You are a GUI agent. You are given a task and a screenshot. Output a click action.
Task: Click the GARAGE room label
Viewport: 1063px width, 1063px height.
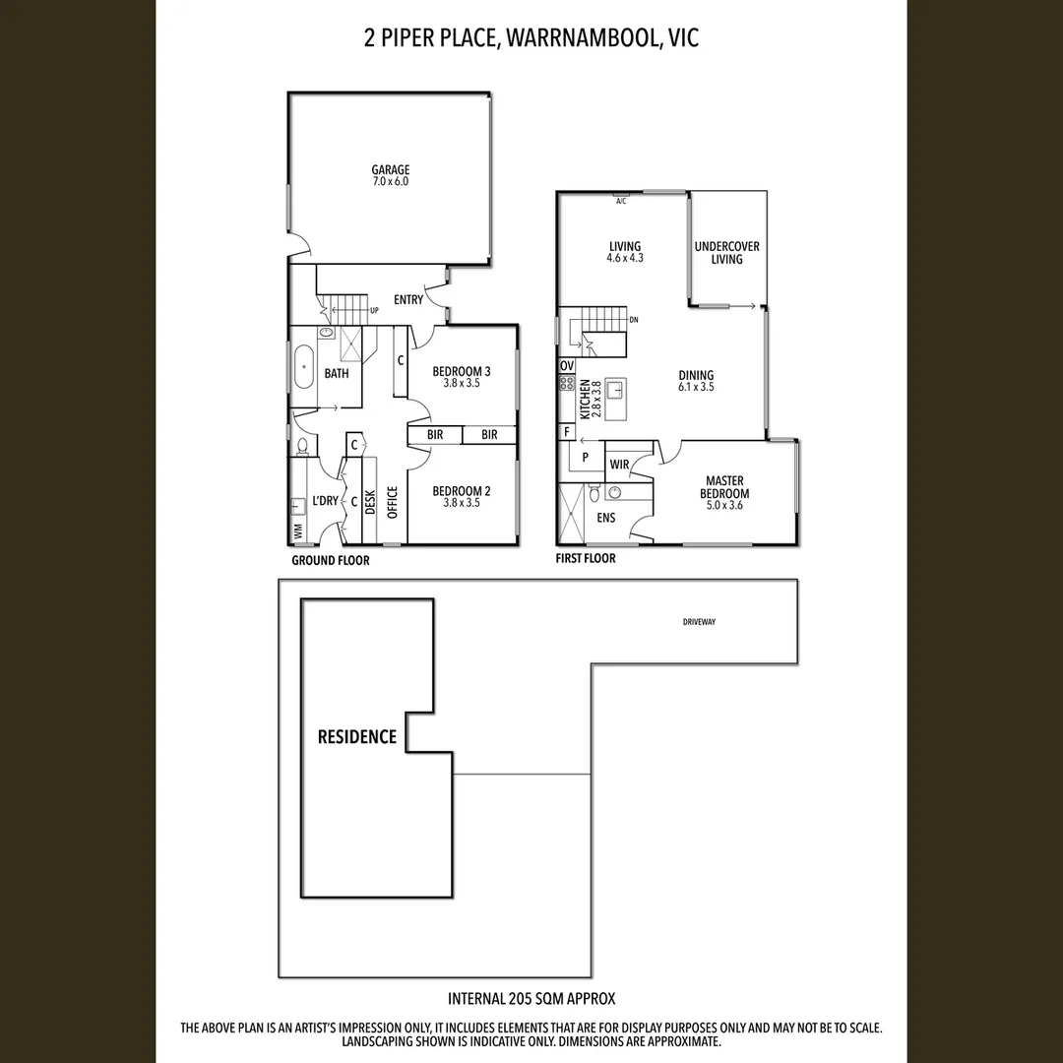(x=390, y=169)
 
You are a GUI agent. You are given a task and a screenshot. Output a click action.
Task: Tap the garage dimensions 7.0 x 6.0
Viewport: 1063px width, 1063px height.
(x=390, y=182)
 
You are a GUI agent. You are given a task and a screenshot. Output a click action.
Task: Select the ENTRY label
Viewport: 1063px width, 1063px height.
(x=408, y=299)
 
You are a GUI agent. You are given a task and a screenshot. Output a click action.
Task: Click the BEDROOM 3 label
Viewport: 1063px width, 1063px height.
(x=462, y=371)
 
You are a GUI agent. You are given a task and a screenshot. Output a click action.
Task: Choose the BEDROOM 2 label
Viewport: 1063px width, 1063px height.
(x=462, y=491)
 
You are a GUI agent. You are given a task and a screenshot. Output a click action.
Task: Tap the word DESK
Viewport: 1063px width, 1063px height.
(x=371, y=503)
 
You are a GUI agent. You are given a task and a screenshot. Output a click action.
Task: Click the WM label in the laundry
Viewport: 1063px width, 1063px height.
(x=297, y=532)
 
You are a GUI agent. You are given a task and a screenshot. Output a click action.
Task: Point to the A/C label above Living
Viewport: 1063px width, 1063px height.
(x=620, y=201)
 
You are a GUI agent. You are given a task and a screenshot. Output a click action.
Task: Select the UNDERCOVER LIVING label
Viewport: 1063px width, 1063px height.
(x=726, y=253)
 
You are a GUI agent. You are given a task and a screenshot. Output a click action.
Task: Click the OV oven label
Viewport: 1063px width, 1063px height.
(x=566, y=365)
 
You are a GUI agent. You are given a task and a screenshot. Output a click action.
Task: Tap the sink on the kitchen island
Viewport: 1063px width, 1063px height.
(x=617, y=390)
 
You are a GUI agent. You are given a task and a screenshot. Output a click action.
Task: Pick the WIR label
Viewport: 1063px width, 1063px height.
(x=619, y=464)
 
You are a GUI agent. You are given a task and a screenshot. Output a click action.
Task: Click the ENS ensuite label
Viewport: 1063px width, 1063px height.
(x=605, y=518)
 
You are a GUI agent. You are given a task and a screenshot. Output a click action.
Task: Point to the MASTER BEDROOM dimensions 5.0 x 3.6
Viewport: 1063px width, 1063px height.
(x=724, y=506)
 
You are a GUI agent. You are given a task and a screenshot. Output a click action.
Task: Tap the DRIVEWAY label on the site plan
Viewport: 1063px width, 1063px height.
(x=699, y=622)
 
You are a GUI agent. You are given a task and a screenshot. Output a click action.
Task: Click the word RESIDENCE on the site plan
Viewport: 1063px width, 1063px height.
(x=356, y=736)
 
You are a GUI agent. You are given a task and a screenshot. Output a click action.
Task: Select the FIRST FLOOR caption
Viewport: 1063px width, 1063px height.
(x=586, y=559)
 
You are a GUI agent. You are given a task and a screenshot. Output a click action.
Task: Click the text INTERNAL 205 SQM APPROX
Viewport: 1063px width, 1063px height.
(x=531, y=998)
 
